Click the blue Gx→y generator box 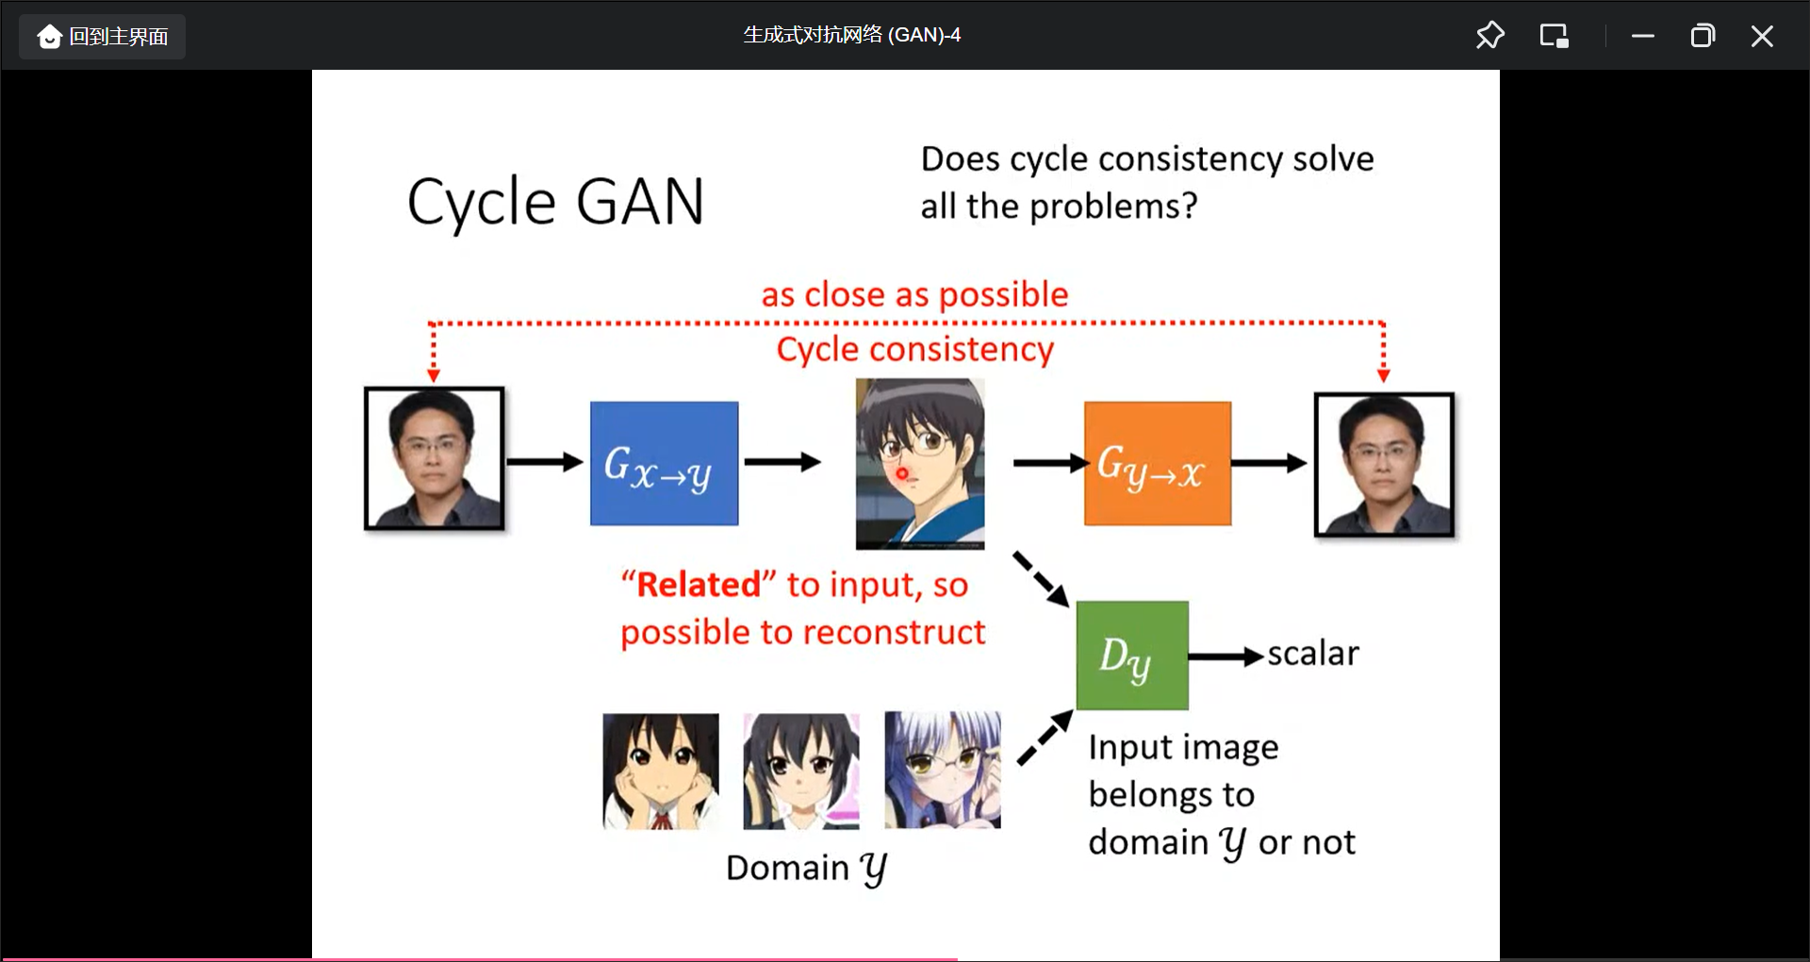pyautogui.click(x=664, y=463)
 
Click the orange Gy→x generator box pyautogui.click(x=1157, y=463)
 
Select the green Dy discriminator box pyautogui.click(x=1131, y=655)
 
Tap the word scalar pyautogui.click(x=1312, y=654)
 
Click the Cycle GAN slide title pyautogui.click(x=555, y=202)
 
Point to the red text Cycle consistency pyautogui.click(x=914, y=350)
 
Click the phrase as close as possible pyautogui.click(x=914, y=295)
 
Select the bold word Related pyautogui.click(x=699, y=585)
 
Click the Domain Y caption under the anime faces pyautogui.click(x=806, y=868)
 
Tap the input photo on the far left pyautogui.click(x=434, y=458)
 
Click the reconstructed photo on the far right pyautogui.click(x=1384, y=465)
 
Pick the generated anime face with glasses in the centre pyautogui.click(x=919, y=463)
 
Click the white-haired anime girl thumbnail pyautogui.click(x=942, y=770)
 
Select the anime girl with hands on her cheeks pyautogui.click(x=660, y=771)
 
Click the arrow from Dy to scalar pyautogui.click(x=1226, y=656)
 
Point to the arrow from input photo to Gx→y pyautogui.click(x=545, y=462)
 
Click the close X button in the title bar pyautogui.click(x=1761, y=37)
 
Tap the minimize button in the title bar pyautogui.click(x=1642, y=37)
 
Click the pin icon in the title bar pyautogui.click(x=1489, y=36)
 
